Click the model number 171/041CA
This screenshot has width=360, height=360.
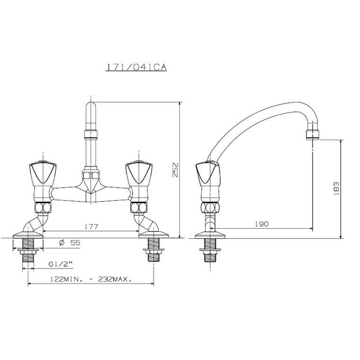[136, 68]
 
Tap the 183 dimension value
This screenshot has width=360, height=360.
[336, 189]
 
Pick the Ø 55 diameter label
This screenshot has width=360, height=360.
[69, 243]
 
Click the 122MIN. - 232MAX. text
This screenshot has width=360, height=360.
[91, 279]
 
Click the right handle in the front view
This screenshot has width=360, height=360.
[139, 173]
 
